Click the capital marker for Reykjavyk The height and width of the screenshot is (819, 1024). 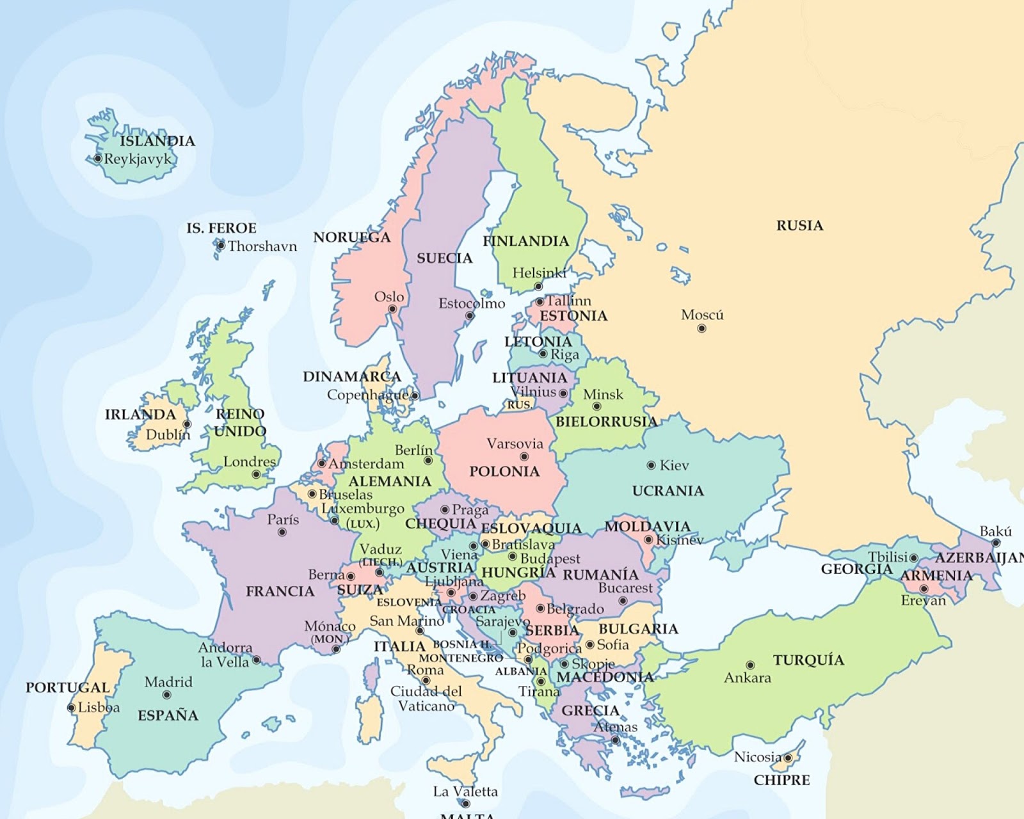click(98, 158)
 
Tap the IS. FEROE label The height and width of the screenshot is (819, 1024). click(221, 228)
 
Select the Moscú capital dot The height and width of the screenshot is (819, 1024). click(701, 328)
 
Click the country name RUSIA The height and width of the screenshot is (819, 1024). click(799, 225)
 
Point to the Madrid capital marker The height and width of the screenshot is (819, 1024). click(166, 695)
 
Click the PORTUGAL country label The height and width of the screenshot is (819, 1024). click(67, 687)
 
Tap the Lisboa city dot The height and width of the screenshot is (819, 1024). click(72, 708)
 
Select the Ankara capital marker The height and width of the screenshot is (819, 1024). click(750, 665)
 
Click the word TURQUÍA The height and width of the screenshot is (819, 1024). click(808, 660)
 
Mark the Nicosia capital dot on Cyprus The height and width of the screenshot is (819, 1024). click(788, 758)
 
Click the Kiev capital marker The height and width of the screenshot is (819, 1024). click(651, 465)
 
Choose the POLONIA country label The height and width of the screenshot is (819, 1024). click(504, 472)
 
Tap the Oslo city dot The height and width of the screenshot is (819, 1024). click(392, 309)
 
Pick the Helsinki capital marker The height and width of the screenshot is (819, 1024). click(538, 287)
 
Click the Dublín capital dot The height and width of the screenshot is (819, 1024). click(187, 424)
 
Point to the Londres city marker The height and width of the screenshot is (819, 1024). click(256, 474)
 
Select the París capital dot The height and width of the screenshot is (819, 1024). click(282, 532)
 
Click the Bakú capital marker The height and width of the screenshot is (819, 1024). click(996, 543)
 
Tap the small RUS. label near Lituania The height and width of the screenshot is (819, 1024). click(519, 405)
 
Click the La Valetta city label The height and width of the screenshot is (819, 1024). click(465, 791)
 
